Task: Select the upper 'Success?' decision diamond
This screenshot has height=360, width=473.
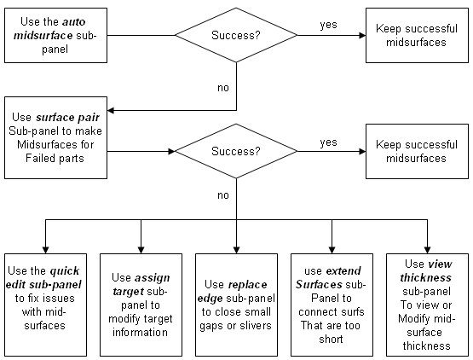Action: click(x=235, y=36)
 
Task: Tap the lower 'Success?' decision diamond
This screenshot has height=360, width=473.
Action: click(x=235, y=152)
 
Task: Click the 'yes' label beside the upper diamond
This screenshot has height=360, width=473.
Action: click(x=327, y=24)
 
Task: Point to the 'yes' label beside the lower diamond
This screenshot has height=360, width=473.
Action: click(x=327, y=141)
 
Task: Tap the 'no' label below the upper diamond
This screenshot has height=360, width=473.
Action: click(x=224, y=86)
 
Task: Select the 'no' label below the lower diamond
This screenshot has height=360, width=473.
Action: click(x=224, y=195)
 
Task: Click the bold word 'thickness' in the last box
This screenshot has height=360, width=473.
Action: click(x=424, y=277)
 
